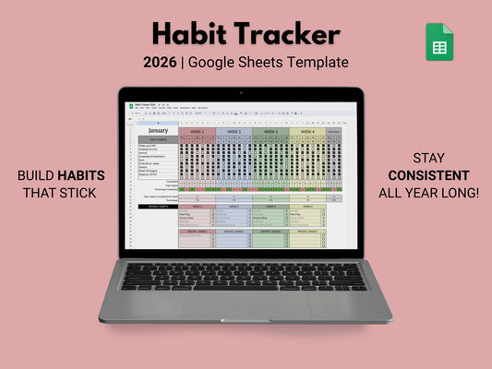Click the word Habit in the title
[191, 35]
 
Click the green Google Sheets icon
[439, 42]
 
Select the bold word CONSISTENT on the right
[428, 175]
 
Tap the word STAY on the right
[428, 158]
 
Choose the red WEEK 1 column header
[197, 131]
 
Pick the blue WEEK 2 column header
[234, 131]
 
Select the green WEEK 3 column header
[271, 131]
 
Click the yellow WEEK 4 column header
[308, 131]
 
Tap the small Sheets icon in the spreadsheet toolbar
[129, 105]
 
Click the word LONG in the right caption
[441, 194]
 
